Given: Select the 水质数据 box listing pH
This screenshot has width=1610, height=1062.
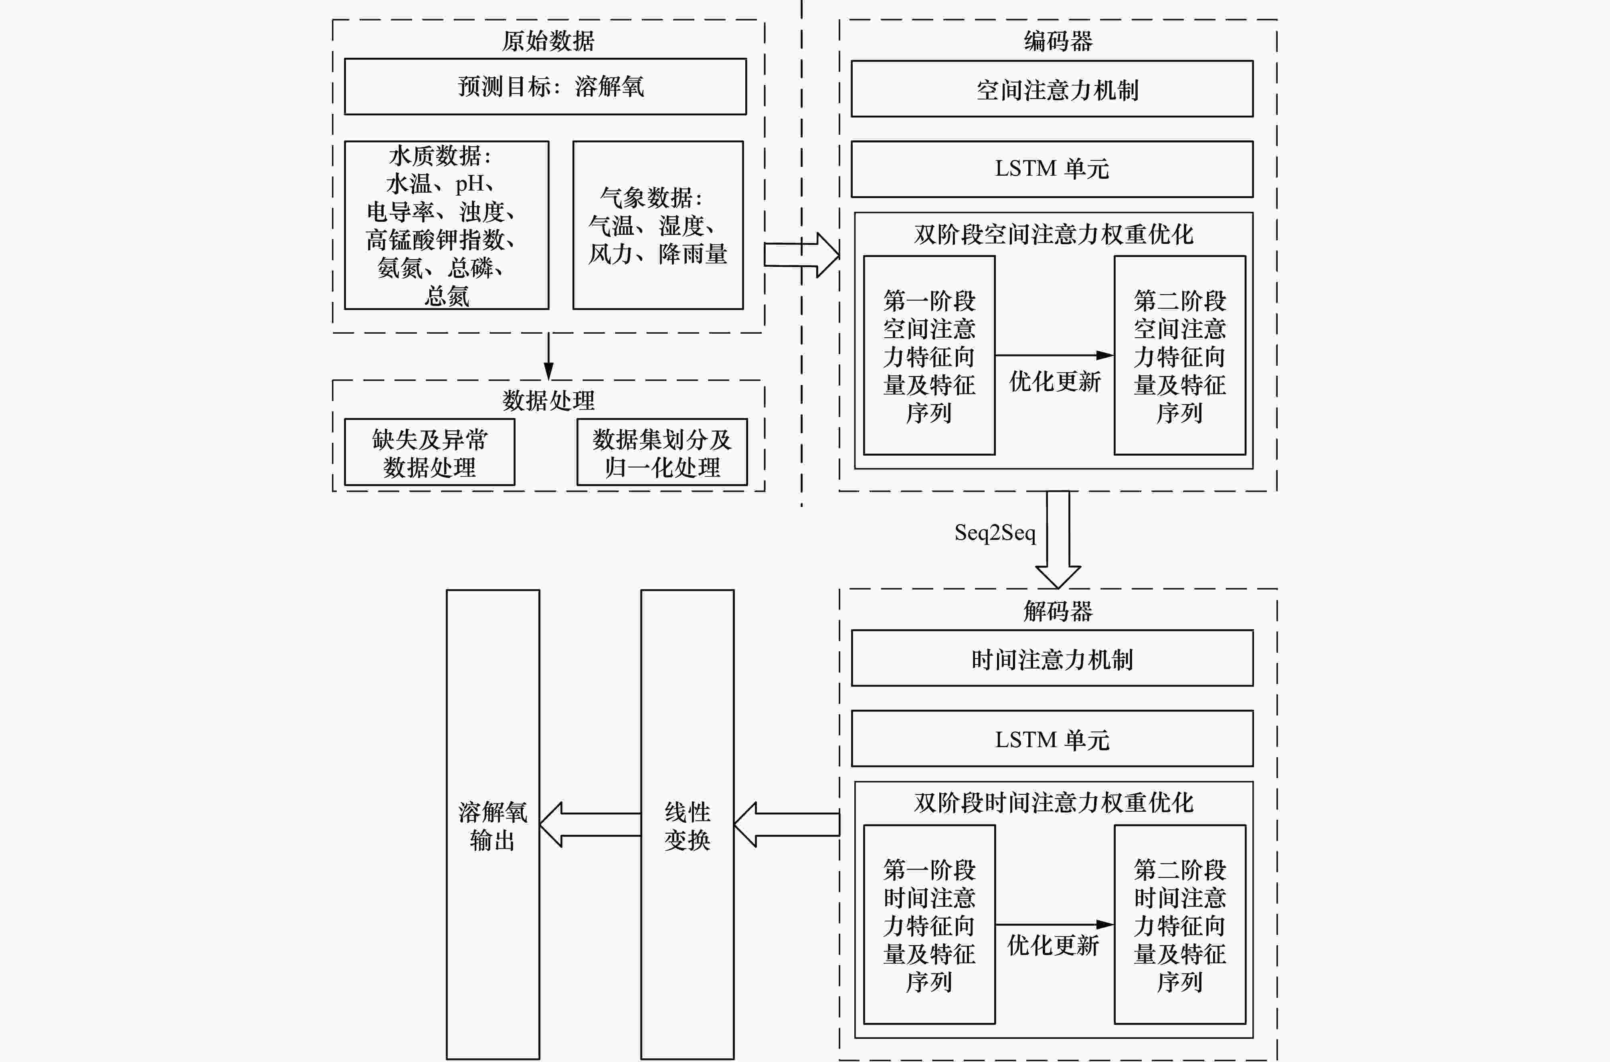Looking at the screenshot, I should pyautogui.click(x=446, y=225).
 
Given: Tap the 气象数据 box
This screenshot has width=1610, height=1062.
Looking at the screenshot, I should pyautogui.click(x=657, y=225).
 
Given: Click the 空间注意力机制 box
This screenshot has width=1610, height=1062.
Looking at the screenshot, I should pyautogui.click(x=1052, y=89).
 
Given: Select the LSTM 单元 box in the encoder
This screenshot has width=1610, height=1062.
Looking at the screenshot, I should pyautogui.click(x=1052, y=169).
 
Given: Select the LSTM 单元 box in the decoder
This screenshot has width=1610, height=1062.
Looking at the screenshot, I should pyautogui.click(x=1052, y=739).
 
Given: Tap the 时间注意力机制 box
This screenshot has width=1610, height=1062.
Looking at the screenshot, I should pyautogui.click(x=1052, y=658).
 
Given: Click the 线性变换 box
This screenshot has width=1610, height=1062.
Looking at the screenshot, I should pyautogui.click(x=687, y=824).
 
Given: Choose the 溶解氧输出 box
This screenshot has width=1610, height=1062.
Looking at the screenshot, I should pyautogui.click(x=492, y=824).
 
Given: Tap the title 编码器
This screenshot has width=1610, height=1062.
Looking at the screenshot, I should pyautogui.click(x=1058, y=41).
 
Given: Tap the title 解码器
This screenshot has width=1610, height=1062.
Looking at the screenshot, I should pyautogui.click(x=1058, y=611).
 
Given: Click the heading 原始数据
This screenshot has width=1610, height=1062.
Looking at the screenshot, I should pyautogui.click(x=548, y=41).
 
